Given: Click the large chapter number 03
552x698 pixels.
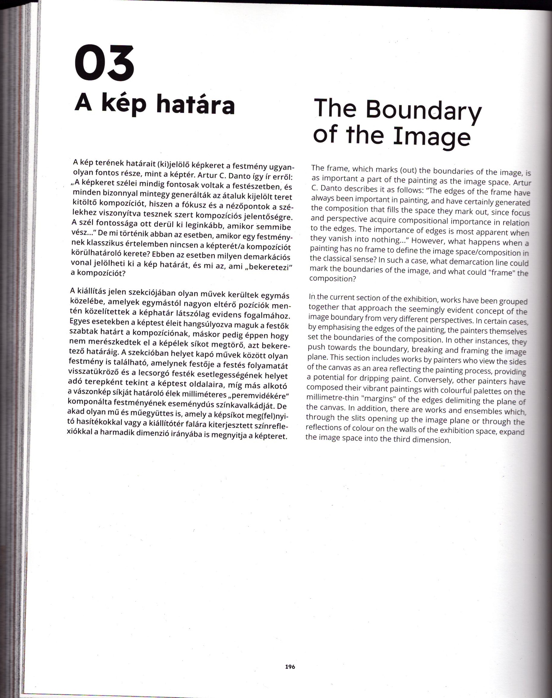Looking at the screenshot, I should click(x=104, y=64).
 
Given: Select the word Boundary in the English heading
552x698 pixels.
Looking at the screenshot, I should click(x=424, y=110).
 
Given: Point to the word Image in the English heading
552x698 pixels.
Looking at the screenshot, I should click(x=431, y=137).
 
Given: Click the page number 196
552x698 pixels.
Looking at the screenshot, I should click(x=290, y=667).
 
